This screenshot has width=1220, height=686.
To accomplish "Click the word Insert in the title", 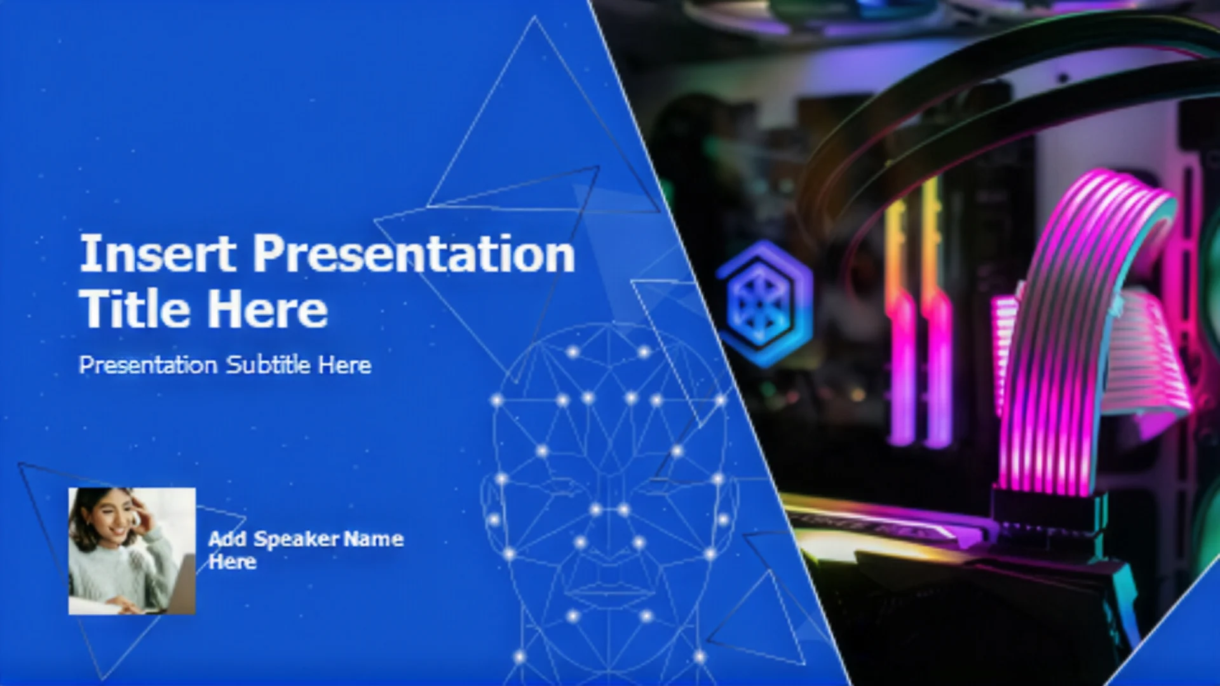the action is click(158, 253).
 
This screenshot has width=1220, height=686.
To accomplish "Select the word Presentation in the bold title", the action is click(414, 253).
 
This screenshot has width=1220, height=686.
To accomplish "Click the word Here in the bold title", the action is click(268, 309).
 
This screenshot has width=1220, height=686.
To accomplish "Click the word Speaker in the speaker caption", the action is click(296, 539).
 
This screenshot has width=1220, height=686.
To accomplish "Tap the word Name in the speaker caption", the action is click(374, 539).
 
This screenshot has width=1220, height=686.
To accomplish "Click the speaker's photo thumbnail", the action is click(132, 551).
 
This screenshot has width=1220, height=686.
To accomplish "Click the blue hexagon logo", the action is click(765, 304).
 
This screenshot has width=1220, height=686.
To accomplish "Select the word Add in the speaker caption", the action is click(227, 539).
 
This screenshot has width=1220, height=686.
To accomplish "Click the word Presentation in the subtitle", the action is click(148, 365).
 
